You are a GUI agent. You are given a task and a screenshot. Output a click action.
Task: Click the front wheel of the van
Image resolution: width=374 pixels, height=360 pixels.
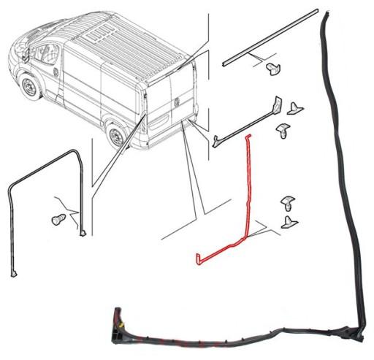point(29,88)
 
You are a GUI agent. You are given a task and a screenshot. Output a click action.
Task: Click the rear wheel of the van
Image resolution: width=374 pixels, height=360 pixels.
point(115,135)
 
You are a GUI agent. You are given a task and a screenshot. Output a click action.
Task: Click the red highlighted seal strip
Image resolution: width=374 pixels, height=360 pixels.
point(247,197)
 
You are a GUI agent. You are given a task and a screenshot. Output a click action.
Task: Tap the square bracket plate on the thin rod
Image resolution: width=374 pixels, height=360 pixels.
point(277,105)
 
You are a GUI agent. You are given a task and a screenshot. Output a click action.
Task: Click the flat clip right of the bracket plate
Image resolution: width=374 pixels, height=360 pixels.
point(296,109)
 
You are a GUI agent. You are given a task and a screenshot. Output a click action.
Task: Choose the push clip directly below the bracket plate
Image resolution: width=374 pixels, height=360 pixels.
point(283,132)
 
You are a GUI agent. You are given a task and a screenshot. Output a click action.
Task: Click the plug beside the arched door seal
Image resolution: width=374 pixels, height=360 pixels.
point(58,218)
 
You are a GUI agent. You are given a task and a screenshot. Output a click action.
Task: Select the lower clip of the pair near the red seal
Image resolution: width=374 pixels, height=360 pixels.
point(290,221)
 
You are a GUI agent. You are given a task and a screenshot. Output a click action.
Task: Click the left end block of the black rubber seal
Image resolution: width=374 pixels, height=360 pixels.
point(115,322)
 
